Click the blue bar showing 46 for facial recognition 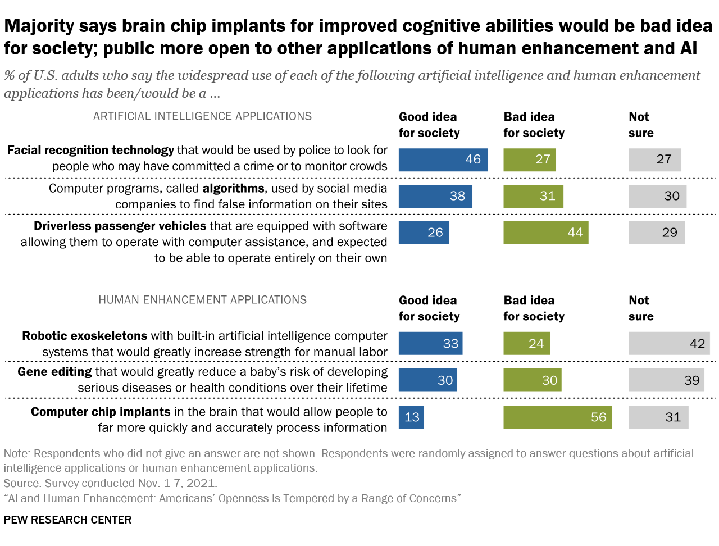[443, 160]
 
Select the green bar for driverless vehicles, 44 [545, 233]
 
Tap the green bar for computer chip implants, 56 [557, 417]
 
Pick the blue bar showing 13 [411, 417]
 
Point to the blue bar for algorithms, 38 [435, 196]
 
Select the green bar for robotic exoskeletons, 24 [526, 344]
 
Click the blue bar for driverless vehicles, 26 [424, 233]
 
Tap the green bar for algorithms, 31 [533, 196]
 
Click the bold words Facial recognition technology [90, 151]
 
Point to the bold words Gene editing [54, 372]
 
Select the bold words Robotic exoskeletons [84, 336]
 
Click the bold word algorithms [233, 189]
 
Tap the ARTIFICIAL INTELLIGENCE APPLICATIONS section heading [202, 116]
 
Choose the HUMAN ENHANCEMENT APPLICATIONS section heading [202, 300]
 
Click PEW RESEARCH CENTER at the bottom [67, 520]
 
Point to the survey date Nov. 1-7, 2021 [176, 483]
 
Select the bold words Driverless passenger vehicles [120, 226]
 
